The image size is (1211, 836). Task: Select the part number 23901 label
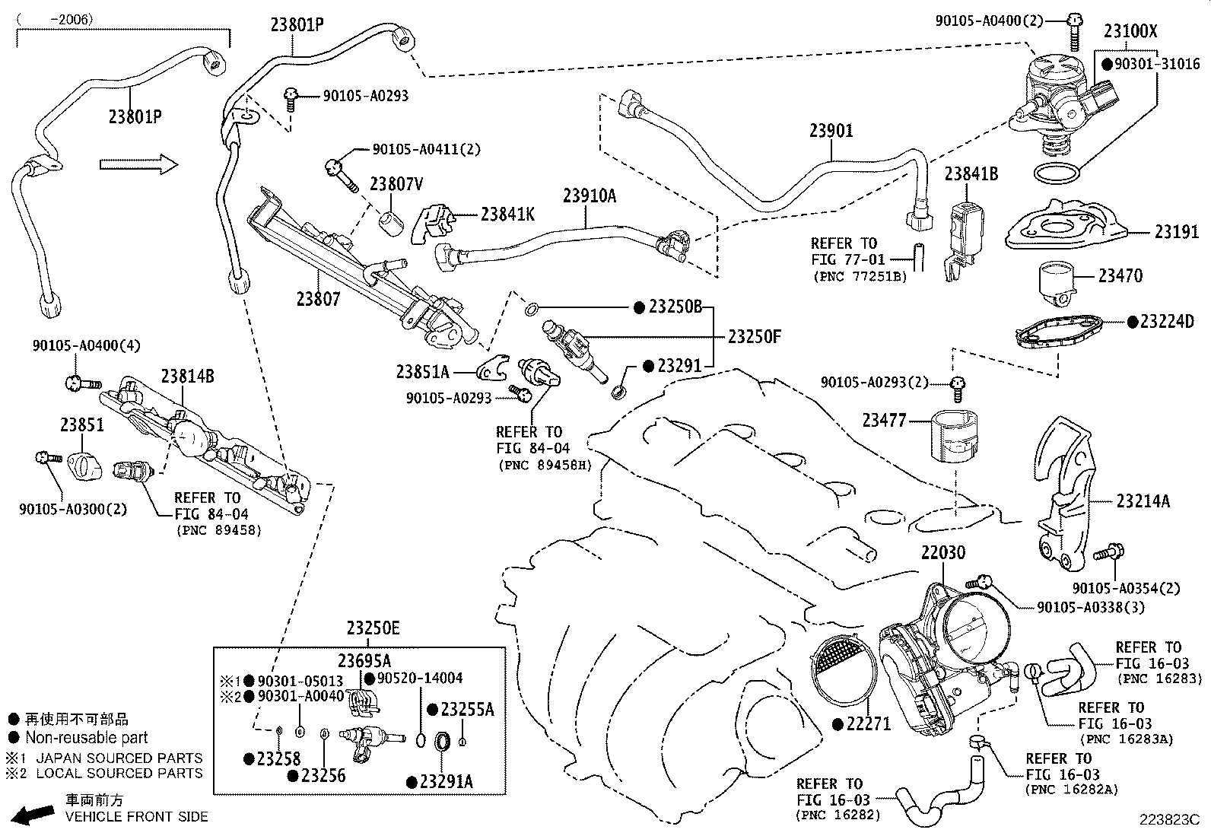pyautogui.click(x=831, y=131)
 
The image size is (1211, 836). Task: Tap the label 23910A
pyautogui.click(x=590, y=195)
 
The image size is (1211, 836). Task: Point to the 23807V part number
pyautogui.click(x=396, y=184)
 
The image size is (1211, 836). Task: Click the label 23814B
pyautogui.click(x=187, y=376)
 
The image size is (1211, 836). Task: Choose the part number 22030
pyautogui.click(x=943, y=553)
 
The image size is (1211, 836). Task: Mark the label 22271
pyautogui.click(x=867, y=723)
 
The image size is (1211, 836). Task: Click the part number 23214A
pyautogui.click(x=1143, y=501)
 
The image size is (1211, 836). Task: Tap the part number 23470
pyautogui.click(x=1120, y=275)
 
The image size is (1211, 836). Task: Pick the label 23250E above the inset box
pyautogui.click(x=373, y=628)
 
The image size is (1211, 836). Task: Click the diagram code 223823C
pyautogui.click(x=1168, y=820)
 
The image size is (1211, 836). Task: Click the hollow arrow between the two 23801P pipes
pyautogui.click(x=138, y=164)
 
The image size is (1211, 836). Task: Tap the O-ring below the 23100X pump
pyautogui.click(x=1056, y=173)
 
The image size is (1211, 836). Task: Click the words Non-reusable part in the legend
pyautogui.click(x=86, y=737)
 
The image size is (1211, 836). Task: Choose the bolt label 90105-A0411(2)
pyautogui.click(x=427, y=150)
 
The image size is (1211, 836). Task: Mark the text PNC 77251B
pyautogui.click(x=860, y=276)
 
